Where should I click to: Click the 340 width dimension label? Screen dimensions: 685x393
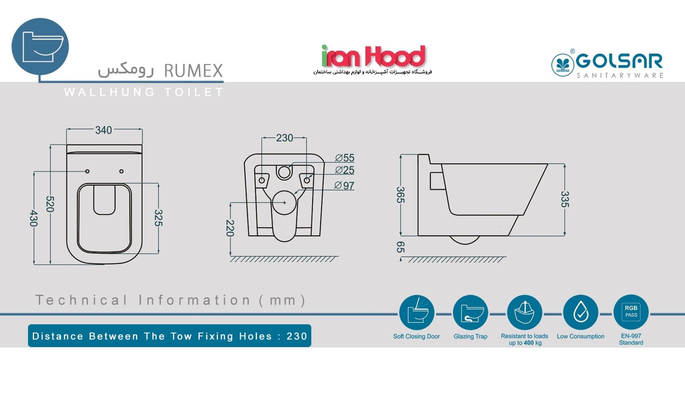(103, 130)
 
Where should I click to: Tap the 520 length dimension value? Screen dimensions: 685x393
(50, 204)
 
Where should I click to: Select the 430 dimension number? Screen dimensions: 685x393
(34, 218)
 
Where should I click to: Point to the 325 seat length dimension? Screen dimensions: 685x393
(158, 218)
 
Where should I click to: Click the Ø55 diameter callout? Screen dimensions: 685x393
(345, 158)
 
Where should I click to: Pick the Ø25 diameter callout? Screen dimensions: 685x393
(345, 170)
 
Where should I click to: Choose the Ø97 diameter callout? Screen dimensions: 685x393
(345, 185)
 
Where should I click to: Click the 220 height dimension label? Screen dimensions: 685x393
(230, 228)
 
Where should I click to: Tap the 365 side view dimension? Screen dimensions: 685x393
(400, 195)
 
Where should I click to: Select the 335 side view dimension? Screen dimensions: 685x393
(565, 199)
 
